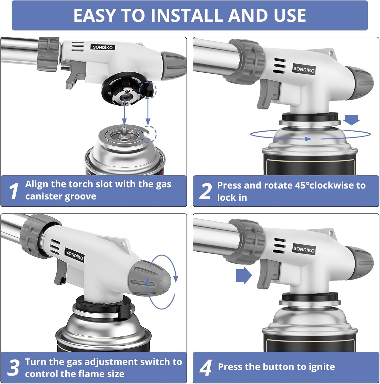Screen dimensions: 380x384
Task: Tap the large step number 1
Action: click(14, 191)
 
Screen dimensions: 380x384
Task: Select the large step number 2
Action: click(206, 191)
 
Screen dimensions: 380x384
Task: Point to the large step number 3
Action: click(13, 368)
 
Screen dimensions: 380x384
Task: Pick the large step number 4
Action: click(206, 368)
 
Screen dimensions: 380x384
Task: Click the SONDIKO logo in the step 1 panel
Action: click(102, 47)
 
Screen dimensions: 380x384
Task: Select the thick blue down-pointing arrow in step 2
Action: click(352, 120)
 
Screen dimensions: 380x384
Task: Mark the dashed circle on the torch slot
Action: click(148, 90)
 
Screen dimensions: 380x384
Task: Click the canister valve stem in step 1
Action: click(124, 132)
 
